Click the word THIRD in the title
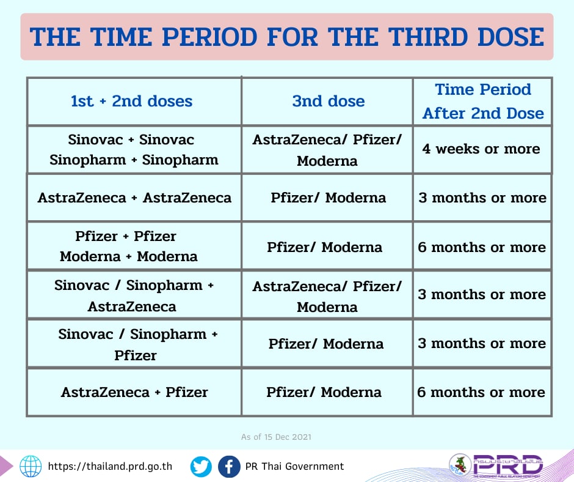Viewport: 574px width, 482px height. point(427,37)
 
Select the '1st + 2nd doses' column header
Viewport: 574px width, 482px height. point(131,102)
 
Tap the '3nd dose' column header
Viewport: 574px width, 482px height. point(329,102)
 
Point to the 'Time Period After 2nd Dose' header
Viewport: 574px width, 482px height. point(483,102)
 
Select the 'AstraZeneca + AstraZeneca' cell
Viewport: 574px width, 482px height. point(134,198)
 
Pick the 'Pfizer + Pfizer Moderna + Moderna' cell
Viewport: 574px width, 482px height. point(128,246)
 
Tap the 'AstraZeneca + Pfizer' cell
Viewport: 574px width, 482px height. point(134,392)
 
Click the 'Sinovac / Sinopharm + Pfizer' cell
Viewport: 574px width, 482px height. point(137,344)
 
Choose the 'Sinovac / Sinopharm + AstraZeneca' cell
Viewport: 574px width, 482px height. point(134,295)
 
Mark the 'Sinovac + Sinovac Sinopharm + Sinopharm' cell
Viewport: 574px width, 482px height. point(134,150)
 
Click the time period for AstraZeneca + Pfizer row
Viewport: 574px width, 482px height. point(481,393)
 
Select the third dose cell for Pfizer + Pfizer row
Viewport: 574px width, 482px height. point(324,247)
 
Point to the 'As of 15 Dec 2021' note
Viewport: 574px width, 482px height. point(276,437)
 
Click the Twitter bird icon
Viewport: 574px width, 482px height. point(201,467)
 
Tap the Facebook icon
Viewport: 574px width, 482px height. point(229,467)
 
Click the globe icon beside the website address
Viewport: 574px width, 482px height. point(31,466)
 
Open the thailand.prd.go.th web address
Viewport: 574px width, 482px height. point(110,466)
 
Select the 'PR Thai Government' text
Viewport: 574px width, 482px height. point(295,466)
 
